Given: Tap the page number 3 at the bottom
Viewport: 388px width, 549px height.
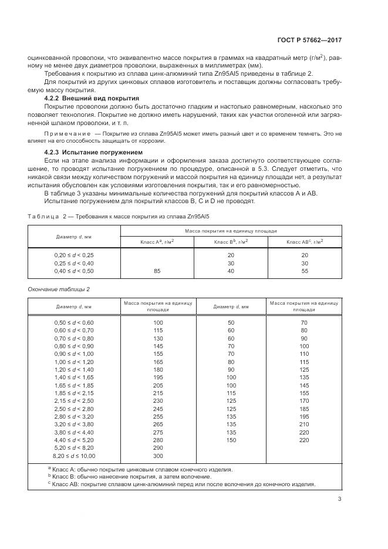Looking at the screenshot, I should pos(339,499).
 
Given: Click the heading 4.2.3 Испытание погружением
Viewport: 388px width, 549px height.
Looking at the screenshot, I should pos(95,153).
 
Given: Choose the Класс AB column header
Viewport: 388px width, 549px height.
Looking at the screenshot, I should pos(305,241).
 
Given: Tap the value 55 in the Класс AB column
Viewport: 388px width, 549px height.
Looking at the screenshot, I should pos(304,271).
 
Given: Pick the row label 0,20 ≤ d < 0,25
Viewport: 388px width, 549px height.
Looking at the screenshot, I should pos(74,255).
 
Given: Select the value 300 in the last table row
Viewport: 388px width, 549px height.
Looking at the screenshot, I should pos(158,456).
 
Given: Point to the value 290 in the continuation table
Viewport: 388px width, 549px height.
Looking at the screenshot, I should pos(158,447).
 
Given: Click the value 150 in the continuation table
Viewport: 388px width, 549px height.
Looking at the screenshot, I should pos(231,440).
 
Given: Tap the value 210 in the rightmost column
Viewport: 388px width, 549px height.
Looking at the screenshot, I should pos(304,424).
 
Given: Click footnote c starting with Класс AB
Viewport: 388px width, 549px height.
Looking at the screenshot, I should pos(181,484).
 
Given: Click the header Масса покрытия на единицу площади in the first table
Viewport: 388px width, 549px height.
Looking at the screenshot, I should pos(231,231).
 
